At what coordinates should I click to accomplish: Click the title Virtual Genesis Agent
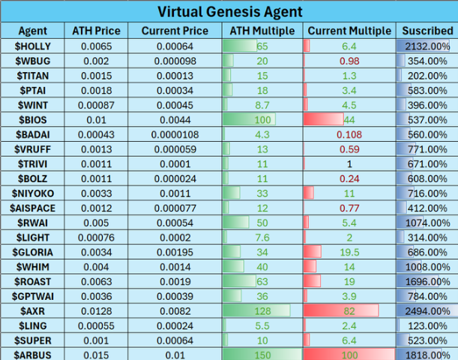click(229, 11)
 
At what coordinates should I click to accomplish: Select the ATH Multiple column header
click(262, 31)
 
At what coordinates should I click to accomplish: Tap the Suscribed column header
click(426, 31)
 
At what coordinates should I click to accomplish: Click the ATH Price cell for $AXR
click(96, 309)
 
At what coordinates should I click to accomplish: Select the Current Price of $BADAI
click(175, 134)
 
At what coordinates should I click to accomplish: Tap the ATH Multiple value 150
click(262, 353)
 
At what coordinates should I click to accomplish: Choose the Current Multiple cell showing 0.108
click(349, 134)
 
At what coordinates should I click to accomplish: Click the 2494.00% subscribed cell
click(426, 309)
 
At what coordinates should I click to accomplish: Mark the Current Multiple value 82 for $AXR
click(349, 309)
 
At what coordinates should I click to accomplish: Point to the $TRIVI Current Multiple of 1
click(349, 163)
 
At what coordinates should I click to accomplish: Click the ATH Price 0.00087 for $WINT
click(96, 105)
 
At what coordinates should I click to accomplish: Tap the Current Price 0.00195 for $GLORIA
click(175, 251)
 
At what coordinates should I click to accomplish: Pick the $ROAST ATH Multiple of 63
click(262, 280)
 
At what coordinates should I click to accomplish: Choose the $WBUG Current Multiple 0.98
click(349, 61)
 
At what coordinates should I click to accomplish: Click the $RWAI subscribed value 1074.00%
click(426, 222)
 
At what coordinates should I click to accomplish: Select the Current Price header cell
click(175, 31)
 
